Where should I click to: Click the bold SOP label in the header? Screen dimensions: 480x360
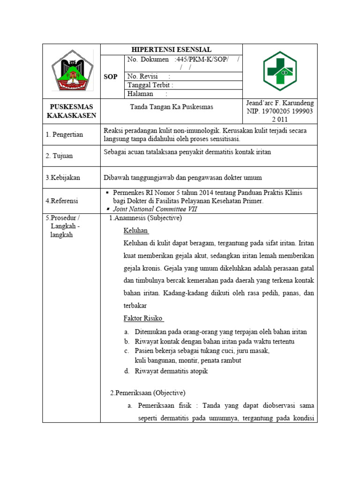(x=110, y=76)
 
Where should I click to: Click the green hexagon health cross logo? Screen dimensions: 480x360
(x=279, y=71)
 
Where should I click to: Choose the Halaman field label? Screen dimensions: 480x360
(x=141, y=94)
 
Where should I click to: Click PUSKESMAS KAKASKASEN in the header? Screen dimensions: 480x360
(x=71, y=111)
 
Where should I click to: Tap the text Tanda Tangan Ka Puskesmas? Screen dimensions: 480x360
(x=172, y=107)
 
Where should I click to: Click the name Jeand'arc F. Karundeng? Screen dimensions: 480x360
(x=280, y=103)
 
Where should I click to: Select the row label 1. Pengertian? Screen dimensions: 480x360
(x=64, y=135)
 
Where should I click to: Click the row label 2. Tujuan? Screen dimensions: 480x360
(x=59, y=156)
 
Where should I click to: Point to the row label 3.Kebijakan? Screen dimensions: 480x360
(x=63, y=178)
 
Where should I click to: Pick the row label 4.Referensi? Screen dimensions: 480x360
(x=62, y=201)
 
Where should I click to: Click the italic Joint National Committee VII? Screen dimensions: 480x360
(x=155, y=209)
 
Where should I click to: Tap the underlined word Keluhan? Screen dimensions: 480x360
(x=136, y=231)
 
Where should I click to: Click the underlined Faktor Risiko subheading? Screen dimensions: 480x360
(x=143, y=318)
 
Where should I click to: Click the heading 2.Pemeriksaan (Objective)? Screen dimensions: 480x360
(x=148, y=392)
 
